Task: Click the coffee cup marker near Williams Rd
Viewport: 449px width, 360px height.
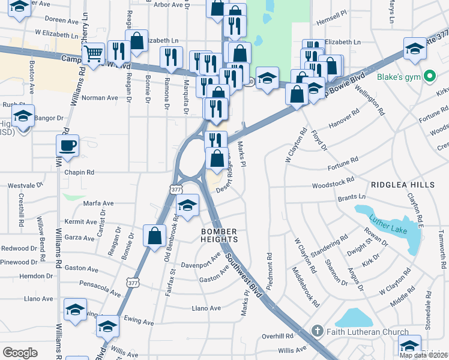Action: tap(67, 145)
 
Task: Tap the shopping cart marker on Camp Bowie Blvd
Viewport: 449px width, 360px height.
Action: tap(93, 54)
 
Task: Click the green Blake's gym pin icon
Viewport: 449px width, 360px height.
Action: tap(429, 77)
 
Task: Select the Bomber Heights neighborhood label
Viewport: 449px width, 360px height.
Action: tap(220, 235)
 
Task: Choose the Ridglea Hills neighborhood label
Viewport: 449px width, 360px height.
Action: tap(402, 185)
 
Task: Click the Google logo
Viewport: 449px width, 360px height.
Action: tap(20, 352)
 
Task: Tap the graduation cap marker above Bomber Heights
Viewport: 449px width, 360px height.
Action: tap(188, 206)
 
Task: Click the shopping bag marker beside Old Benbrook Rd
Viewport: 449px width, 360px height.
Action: tap(155, 235)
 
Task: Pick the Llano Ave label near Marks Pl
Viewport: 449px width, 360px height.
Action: tap(206, 308)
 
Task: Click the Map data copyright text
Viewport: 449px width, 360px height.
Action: tap(423, 355)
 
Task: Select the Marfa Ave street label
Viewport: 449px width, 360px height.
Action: tap(98, 203)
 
